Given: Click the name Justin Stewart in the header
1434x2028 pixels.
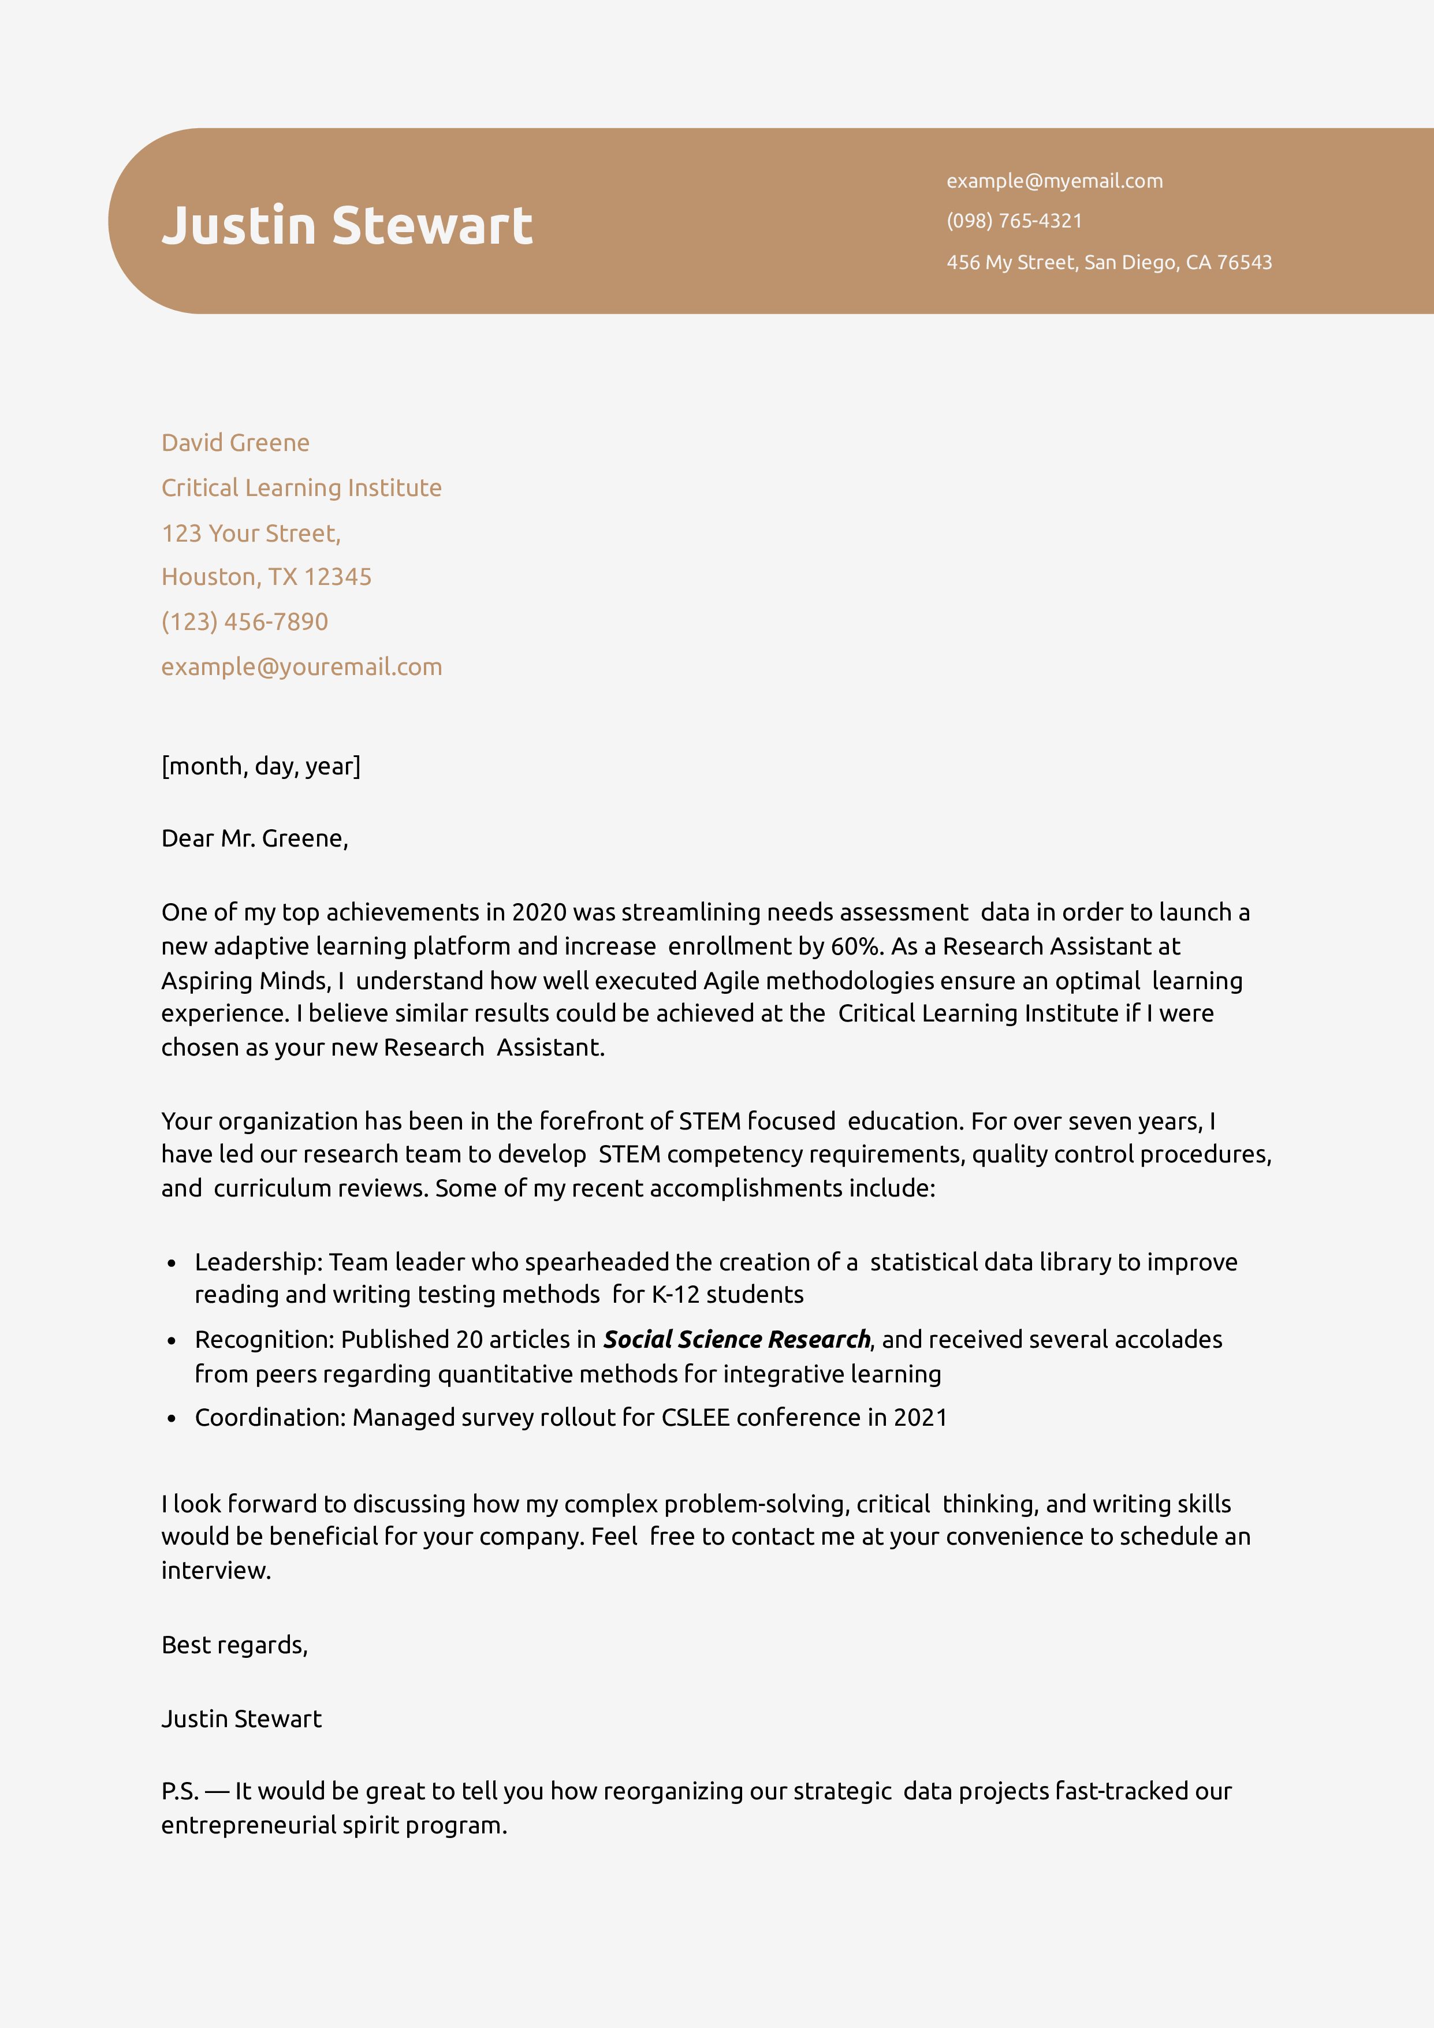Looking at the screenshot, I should click(347, 226).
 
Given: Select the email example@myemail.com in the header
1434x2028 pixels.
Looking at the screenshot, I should click(1054, 181).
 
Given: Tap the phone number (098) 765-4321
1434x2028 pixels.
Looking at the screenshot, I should click(1014, 221).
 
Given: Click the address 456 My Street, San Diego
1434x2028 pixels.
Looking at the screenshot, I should click(1108, 262).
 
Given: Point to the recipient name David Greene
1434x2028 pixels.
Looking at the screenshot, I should click(235, 442).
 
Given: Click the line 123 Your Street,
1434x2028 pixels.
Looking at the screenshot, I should click(250, 534).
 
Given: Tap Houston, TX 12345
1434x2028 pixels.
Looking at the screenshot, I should click(266, 577).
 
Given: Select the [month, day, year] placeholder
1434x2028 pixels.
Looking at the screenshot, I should click(260, 766).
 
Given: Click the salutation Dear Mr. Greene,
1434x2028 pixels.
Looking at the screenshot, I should click(255, 838).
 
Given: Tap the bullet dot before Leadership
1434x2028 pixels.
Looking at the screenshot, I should click(172, 1264).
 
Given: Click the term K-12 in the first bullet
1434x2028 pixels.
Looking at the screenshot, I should click(675, 1295).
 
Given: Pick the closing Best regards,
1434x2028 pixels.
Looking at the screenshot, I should click(234, 1645).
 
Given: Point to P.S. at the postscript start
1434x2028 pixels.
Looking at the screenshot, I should click(180, 1791).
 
